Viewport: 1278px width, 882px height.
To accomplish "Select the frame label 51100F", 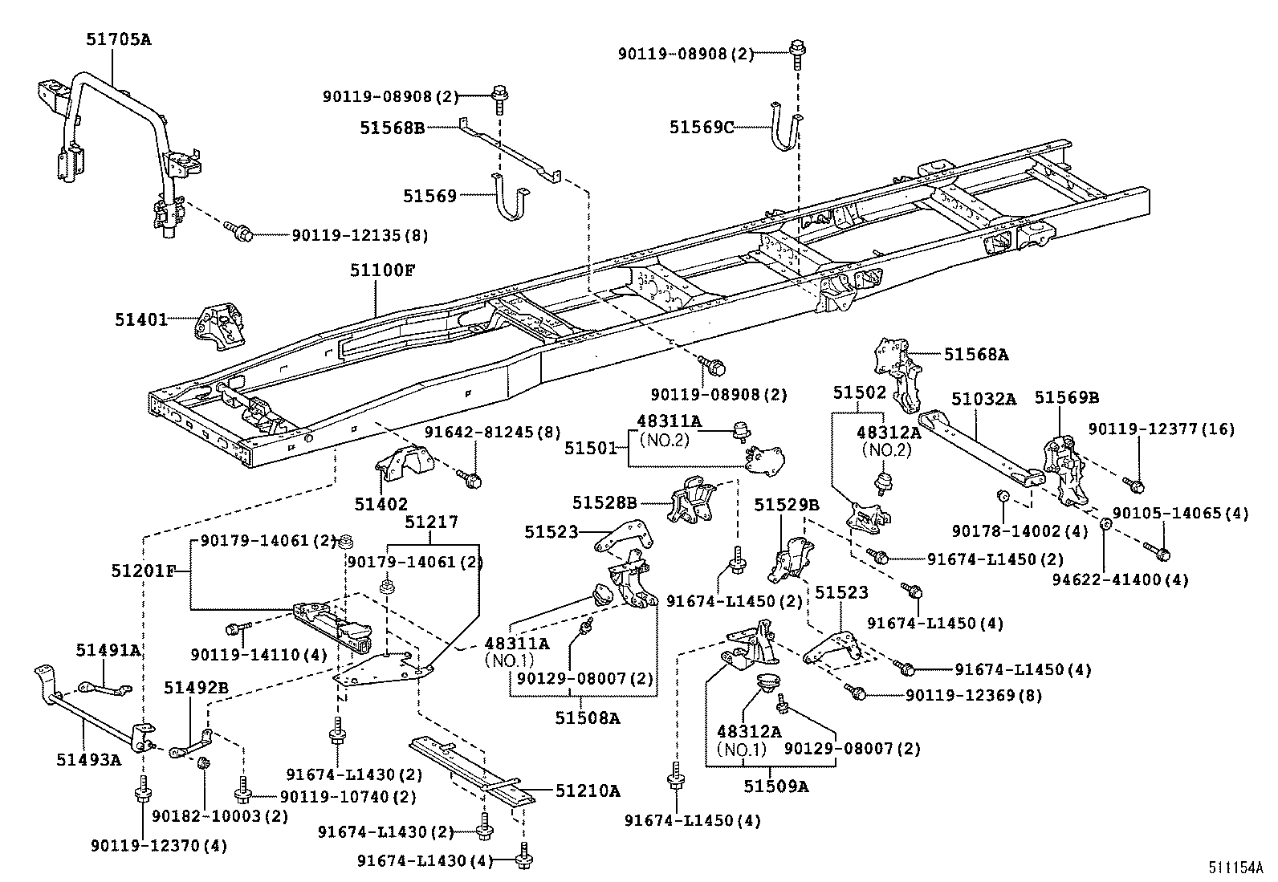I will coord(381,270).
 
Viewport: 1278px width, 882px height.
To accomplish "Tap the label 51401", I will coord(140,319).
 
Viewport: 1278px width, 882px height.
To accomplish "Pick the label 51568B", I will coord(392,127).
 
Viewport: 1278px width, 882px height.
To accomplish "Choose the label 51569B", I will coord(1066,398).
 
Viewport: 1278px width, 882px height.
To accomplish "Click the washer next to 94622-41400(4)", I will coord(1105,524).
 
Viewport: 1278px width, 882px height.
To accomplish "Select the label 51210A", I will coord(588,791).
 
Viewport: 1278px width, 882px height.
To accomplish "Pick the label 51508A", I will coord(587,718).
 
